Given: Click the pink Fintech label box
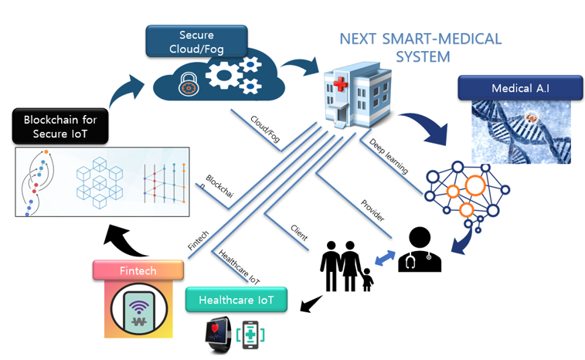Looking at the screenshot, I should point(138,271).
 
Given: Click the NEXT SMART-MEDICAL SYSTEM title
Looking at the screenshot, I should point(421,47).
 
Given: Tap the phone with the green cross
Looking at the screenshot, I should point(251,335).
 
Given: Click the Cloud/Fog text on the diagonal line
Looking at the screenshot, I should point(265,129).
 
